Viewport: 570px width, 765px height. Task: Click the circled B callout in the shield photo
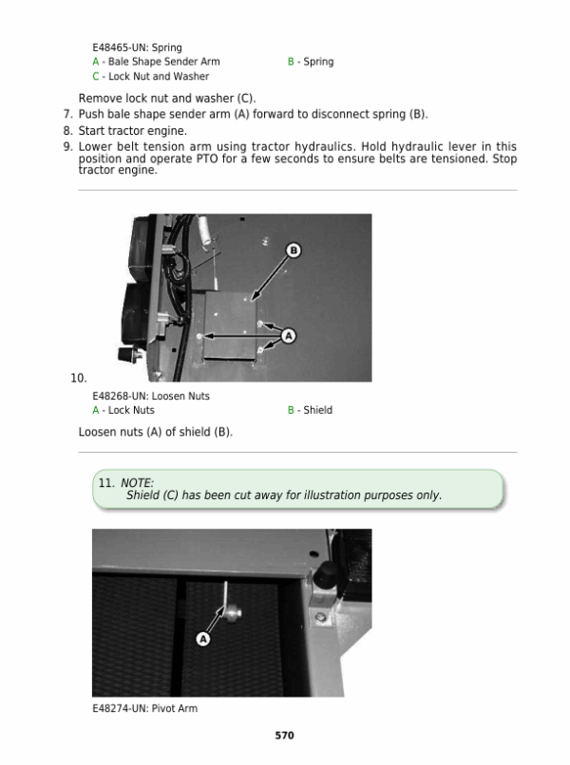tap(294, 251)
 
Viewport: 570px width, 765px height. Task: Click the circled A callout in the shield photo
tap(289, 336)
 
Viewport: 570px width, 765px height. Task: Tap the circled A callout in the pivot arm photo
tap(203, 639)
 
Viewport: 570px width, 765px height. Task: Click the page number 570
tap(284, 736)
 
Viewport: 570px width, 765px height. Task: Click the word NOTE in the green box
tap(137, 482)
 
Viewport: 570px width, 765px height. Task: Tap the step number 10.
tap(79, 378)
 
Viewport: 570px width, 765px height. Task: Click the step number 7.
tap(67, 114)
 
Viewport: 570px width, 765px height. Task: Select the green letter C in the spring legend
tap(96, 77)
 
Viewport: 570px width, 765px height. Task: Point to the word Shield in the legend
tap(318, 410)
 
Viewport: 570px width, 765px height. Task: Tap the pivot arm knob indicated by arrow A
tap(233, 612)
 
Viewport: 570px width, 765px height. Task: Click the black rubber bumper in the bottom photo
tap(326, 575)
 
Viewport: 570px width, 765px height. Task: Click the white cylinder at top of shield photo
tap(204, 230)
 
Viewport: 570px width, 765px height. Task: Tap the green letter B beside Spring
tap(291, 62)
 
